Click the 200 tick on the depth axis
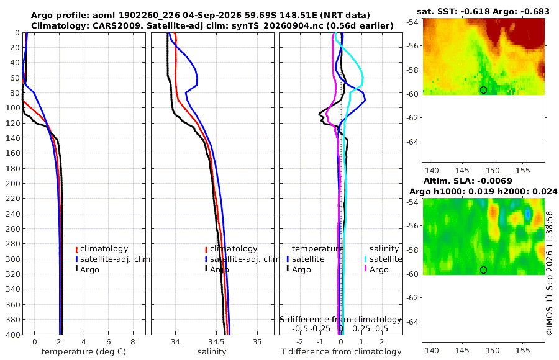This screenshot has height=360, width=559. tap(13, 183)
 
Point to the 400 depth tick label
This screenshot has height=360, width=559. tap(13, 335)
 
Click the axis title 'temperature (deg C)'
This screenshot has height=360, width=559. tap(84, 352)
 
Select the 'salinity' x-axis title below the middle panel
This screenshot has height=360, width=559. tap(212, 352)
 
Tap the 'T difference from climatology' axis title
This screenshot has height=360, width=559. tap(341, 352)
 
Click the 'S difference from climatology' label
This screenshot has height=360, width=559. tap(340, 319)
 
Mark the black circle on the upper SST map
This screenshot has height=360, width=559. tap(483, 90)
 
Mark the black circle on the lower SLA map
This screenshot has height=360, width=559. tap(483, 270)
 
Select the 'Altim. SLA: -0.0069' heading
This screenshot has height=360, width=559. tap(468, 181)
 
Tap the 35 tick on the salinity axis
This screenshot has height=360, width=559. tap(257, 341)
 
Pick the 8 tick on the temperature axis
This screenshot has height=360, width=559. tap(133, 341)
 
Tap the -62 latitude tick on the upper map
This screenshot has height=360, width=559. tap(413, 118)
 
